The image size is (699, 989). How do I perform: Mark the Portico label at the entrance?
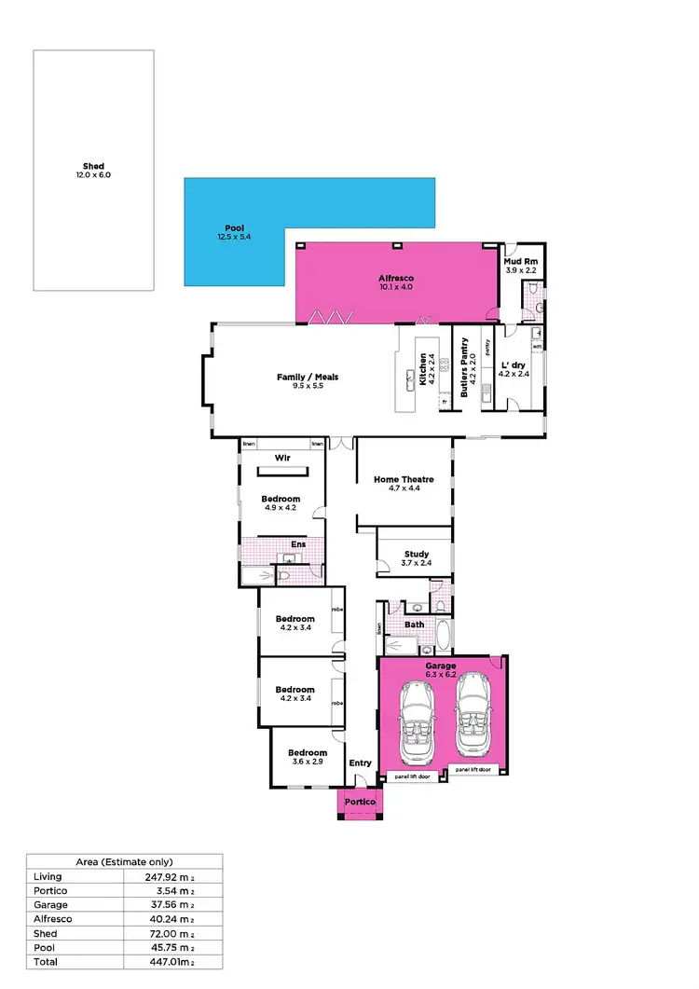(360, 802)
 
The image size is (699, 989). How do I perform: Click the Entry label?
(360, 762)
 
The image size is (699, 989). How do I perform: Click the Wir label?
(283, 458)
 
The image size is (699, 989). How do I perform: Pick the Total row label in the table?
(45, 961)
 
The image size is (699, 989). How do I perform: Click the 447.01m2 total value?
(173, 961)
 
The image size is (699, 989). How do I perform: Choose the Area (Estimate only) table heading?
(124, 862)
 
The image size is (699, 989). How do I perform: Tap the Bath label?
(414, 625)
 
